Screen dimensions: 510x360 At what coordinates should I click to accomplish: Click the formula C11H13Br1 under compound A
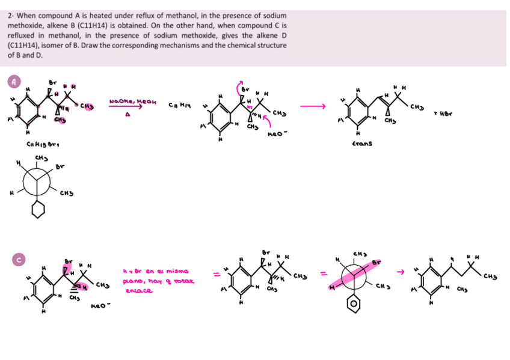coord(39,143)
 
